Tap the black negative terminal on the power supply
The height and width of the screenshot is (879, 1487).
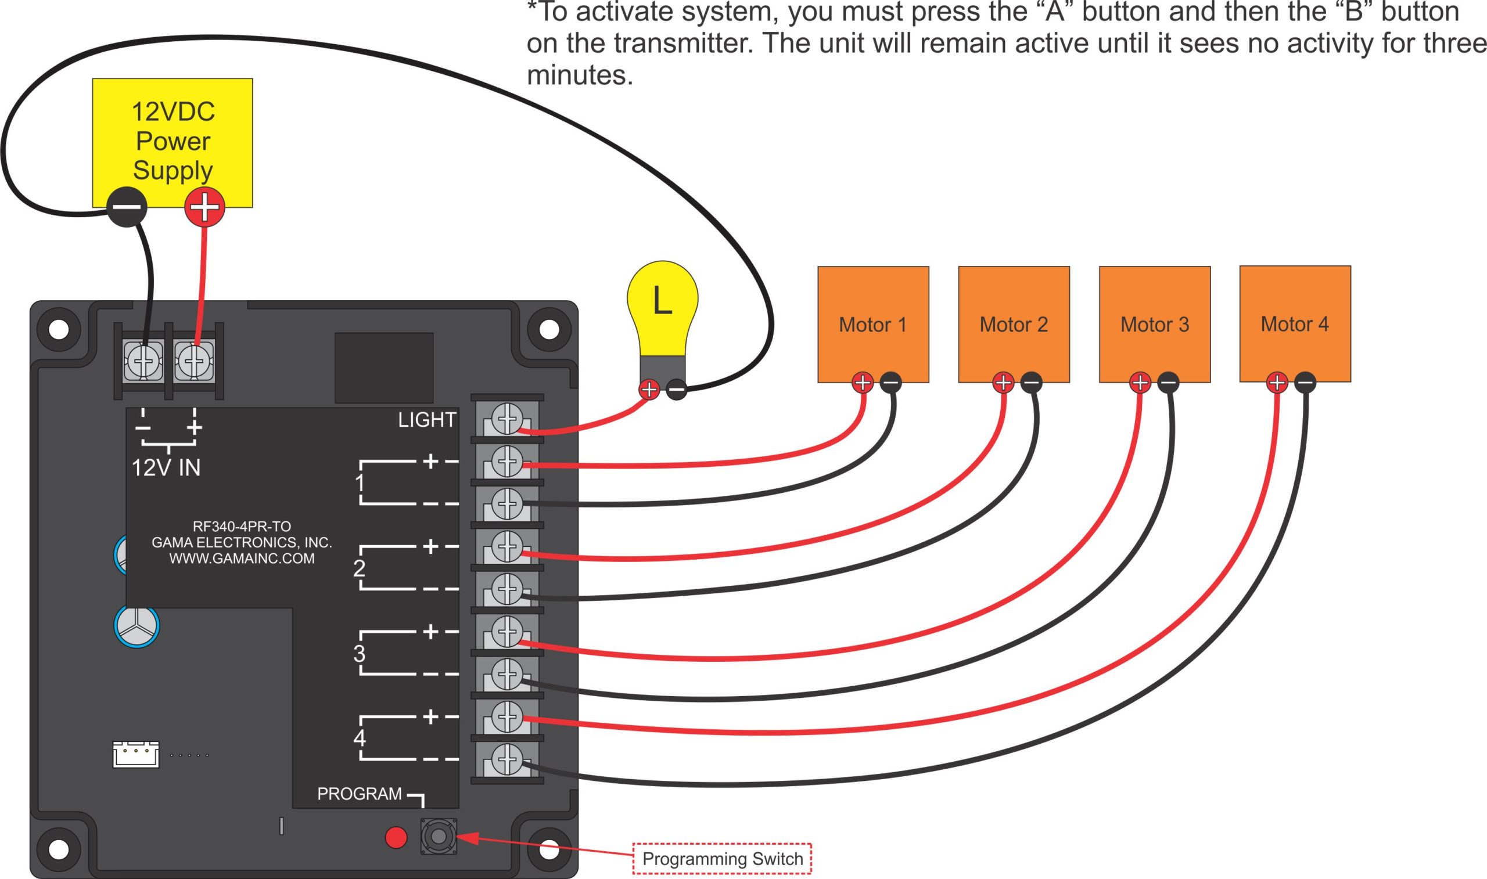[126, 207]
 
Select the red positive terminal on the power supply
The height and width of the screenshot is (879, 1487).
[204, 207]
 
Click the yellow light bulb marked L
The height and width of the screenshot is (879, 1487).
[662, 308]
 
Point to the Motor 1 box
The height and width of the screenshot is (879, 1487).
[872, 324]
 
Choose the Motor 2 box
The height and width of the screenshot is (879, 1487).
[1014, 324]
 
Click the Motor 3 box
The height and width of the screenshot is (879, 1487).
[1154, 324]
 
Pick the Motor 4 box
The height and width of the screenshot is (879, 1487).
[1295, 323]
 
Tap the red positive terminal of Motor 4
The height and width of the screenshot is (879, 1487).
[1277, 383]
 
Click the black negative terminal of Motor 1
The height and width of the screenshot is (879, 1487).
[890, 383]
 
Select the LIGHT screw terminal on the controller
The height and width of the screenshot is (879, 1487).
[507, 419]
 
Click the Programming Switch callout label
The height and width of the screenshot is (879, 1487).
[721, 858]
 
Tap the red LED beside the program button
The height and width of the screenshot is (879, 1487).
[396, 838]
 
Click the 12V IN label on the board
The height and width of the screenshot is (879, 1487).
[166, 468]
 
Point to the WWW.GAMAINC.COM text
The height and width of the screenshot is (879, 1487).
[242, 559]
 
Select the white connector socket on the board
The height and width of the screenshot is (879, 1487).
[136, 755]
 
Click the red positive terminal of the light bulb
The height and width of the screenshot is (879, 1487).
[649, 389]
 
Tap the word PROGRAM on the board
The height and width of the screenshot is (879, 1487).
[359, 794]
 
